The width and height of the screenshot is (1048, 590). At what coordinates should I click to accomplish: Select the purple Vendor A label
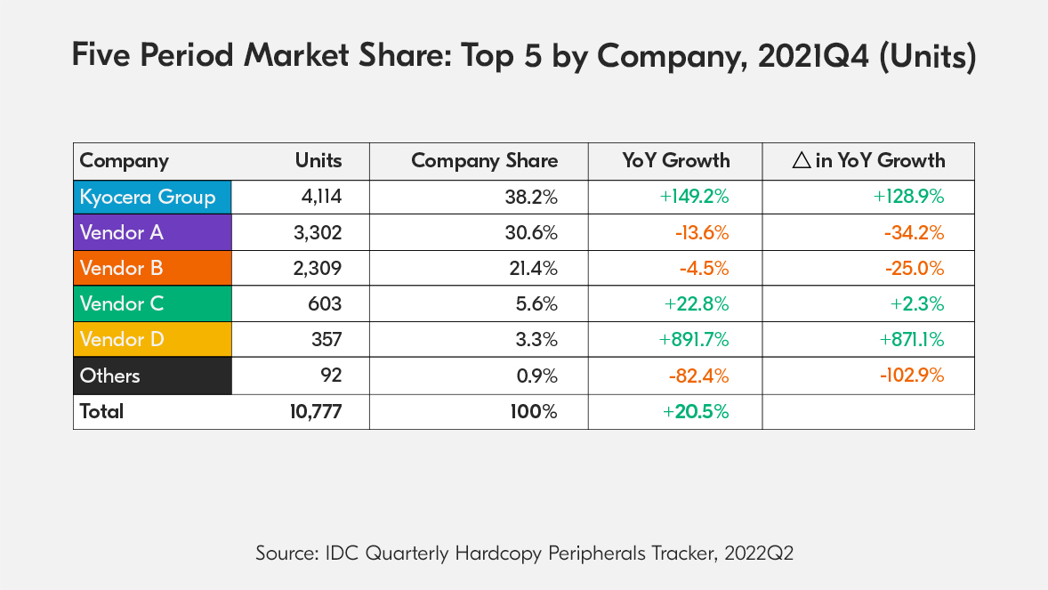pos(152,233)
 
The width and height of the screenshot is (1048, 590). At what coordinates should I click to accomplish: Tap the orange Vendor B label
pos(152,269)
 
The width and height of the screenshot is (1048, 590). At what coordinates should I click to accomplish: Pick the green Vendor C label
pos(152,304)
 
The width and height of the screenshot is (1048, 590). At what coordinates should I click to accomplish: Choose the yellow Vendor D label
pos(152,340)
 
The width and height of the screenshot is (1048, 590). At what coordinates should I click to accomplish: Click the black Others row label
pos(152,376)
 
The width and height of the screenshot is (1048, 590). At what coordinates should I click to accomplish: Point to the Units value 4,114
pos(321,198)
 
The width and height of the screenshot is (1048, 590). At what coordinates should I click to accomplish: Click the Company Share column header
pos(484,161)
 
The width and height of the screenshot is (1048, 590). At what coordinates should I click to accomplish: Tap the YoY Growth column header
pos(675,161)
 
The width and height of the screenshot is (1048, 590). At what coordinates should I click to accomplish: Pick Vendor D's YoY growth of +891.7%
pos(694,340)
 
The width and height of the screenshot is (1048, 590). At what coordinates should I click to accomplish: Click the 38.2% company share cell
pos(532,198)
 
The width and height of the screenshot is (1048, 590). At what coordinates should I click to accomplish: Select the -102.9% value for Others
pos(912,376)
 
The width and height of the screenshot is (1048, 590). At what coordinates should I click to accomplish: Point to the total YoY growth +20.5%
pos(696,412)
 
